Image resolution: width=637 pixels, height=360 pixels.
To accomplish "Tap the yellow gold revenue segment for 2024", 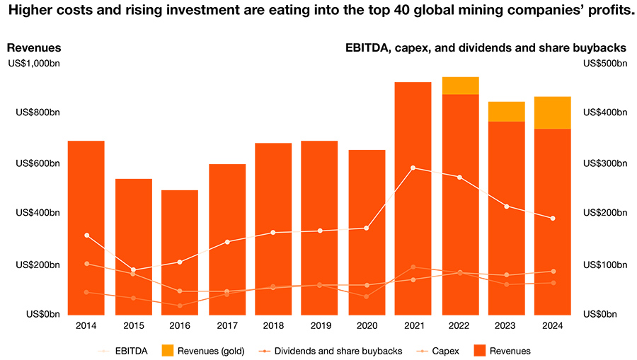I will coord(552,112).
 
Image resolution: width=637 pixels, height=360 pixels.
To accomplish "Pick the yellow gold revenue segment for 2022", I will coord(460,86).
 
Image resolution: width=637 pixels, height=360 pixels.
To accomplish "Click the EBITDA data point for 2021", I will coord(413,168).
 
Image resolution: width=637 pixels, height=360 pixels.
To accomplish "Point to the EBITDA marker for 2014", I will coord(86,235).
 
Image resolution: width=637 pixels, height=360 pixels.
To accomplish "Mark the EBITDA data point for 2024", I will coord(553,218).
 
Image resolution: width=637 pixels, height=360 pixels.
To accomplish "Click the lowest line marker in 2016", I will coord(180,306).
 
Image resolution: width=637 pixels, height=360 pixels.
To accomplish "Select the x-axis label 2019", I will coord(319,326).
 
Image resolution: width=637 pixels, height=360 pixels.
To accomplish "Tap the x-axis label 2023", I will coord(506,326).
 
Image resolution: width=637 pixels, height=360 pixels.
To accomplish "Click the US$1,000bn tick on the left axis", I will coord(34,64).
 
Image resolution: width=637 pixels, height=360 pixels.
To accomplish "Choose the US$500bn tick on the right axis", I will coord(604,64).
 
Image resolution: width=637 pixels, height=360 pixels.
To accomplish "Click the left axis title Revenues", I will coord(33,48).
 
